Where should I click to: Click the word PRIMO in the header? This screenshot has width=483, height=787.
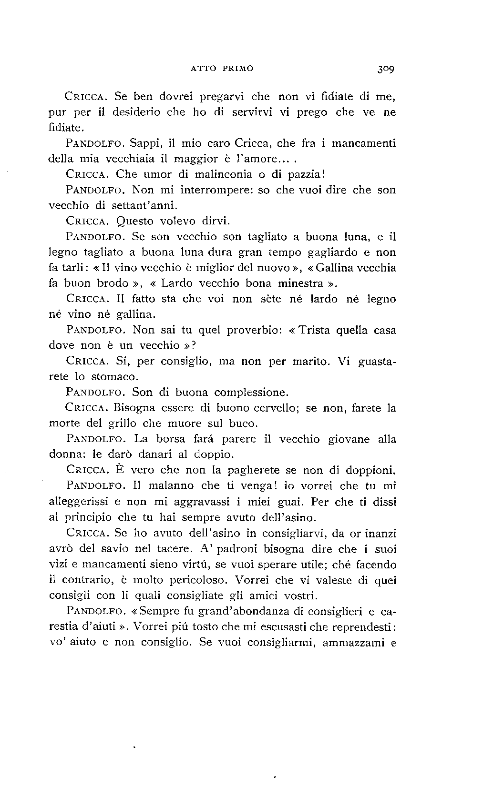pos(237,68)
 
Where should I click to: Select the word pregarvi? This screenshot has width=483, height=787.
pos(222,97)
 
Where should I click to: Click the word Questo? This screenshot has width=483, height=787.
pos(137,221)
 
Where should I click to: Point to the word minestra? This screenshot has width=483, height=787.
pos(302,283)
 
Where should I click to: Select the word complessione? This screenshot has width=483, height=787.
pos(251,393)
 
